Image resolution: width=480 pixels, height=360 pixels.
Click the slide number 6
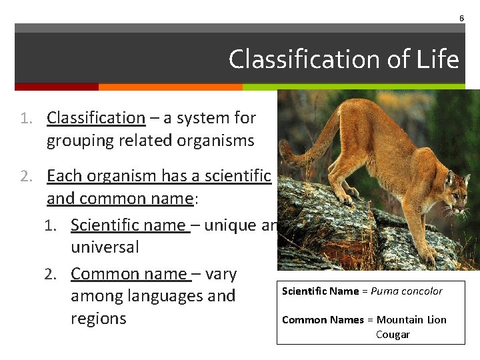pyautogui.click(x=461, y=18)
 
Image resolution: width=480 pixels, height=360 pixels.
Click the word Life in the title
pyautogui.click(x=438, y=59)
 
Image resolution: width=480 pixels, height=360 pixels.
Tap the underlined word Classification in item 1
pyautogui.click(x=96, y=118)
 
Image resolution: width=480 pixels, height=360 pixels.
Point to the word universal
pyautogui.click(x=105, y=247)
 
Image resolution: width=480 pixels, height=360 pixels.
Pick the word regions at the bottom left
pyautogui.click(x=98, y=318)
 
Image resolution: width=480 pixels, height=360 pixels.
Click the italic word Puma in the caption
pyautogui.click(x=385, y=291)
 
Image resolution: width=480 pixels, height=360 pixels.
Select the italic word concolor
pyautogui.click(x=422, y=291)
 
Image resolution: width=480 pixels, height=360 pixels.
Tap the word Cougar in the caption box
pyautogui.click(x=393, y=335)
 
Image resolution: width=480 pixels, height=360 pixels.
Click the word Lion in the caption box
pyautogui.click(x=436, y=320)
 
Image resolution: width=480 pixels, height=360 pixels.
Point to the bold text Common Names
pyautogui.click(x=323, y=320)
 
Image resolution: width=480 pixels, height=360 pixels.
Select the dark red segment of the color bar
pyautogui.click(x=57, y=87)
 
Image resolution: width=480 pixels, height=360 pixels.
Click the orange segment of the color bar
pyautogui.click(x=170, y=87)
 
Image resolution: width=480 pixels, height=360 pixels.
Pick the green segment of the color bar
pyautogui.click(x=353, y=87)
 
